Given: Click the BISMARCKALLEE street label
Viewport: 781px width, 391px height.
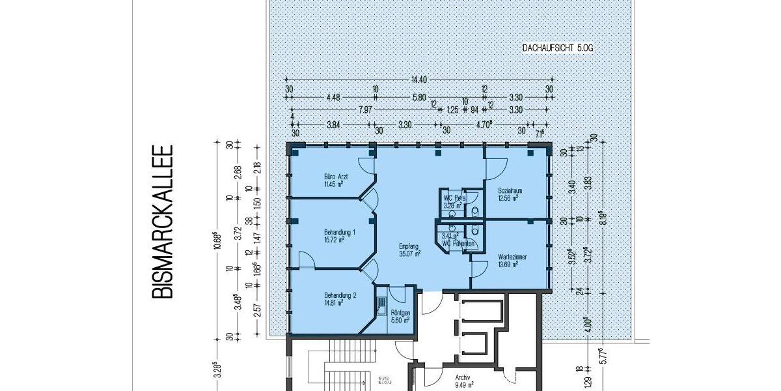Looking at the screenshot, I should click(x=163, y=222).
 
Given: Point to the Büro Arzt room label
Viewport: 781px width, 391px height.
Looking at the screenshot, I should click(x=333, y=177).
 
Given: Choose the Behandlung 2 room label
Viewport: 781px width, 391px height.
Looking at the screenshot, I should click(x=340, y=295).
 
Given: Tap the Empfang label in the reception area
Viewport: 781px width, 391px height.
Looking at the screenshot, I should click(x=408, y=246).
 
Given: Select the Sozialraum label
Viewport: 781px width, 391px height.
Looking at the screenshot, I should click(x=510, y=190).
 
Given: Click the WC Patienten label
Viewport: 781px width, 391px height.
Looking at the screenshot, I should click(x=456, y=244).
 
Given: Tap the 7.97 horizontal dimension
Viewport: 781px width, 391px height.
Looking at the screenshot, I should click(x=365, y=110).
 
